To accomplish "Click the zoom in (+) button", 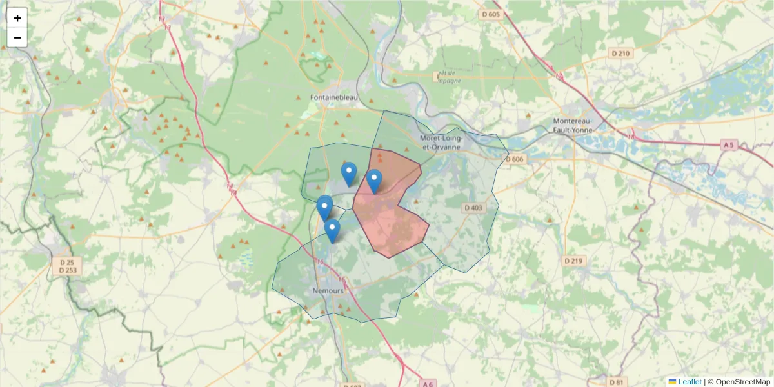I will pyautogui.click(x=17, y=18).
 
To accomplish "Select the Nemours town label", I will pyautogui.click(x=328, y=290).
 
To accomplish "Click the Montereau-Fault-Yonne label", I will pyautogui.click(x=577, y=125).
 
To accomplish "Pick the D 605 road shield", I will pyautogui.click(x=491, y=14).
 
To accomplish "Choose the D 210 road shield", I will pyautogui.click(x=620, y=53).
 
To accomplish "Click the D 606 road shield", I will pyautogui.click(x=515, y=159).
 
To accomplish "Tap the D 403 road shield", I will pyautogui.click(x=473, y=208).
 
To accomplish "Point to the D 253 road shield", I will pyautogui.click(x=67, y=270).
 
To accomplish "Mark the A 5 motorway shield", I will pyautogui.click(x=729, y=145).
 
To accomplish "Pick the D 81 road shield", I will pyautogui.click(x=617, y=382).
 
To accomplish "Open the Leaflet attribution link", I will pyautogui.click(x=689, y=382).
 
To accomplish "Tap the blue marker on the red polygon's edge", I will pyautogui.click(x=374, y=180).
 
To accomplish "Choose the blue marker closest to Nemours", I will pyautogui.click(x=332, y=230).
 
